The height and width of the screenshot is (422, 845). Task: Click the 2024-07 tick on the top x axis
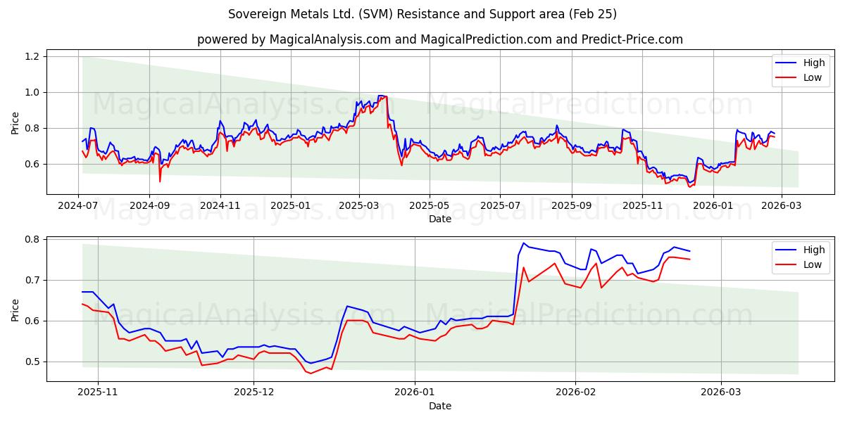tap(78, 205)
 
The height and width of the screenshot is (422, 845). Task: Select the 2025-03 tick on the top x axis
tap(359, 205)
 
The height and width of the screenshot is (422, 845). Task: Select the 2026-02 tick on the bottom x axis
tap(576, 392)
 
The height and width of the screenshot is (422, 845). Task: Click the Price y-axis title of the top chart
tap(15, 123)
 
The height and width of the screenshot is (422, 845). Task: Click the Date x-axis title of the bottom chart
tap(440, 406)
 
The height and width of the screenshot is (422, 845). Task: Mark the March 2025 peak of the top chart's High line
tap(381, 96)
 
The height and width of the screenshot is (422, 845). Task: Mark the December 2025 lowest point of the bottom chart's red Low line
tap(311, 373)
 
